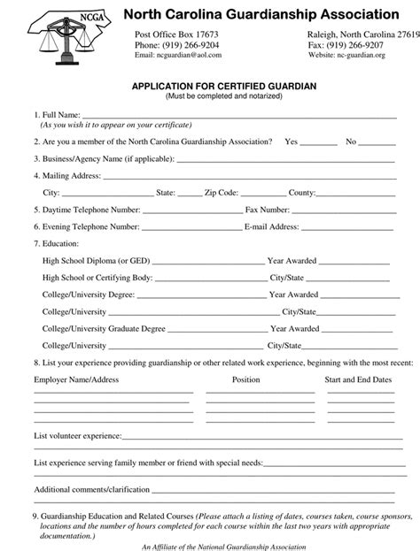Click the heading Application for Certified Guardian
click(x=223, y=85)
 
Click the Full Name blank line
click(x=239, y=115)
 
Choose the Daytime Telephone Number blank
click(x=191, y=210)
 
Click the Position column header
click(x=245, y=379)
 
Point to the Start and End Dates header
click(x=358, y=379)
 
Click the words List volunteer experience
click(x=76, y=437)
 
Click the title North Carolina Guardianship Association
click(x=261, y=14)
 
